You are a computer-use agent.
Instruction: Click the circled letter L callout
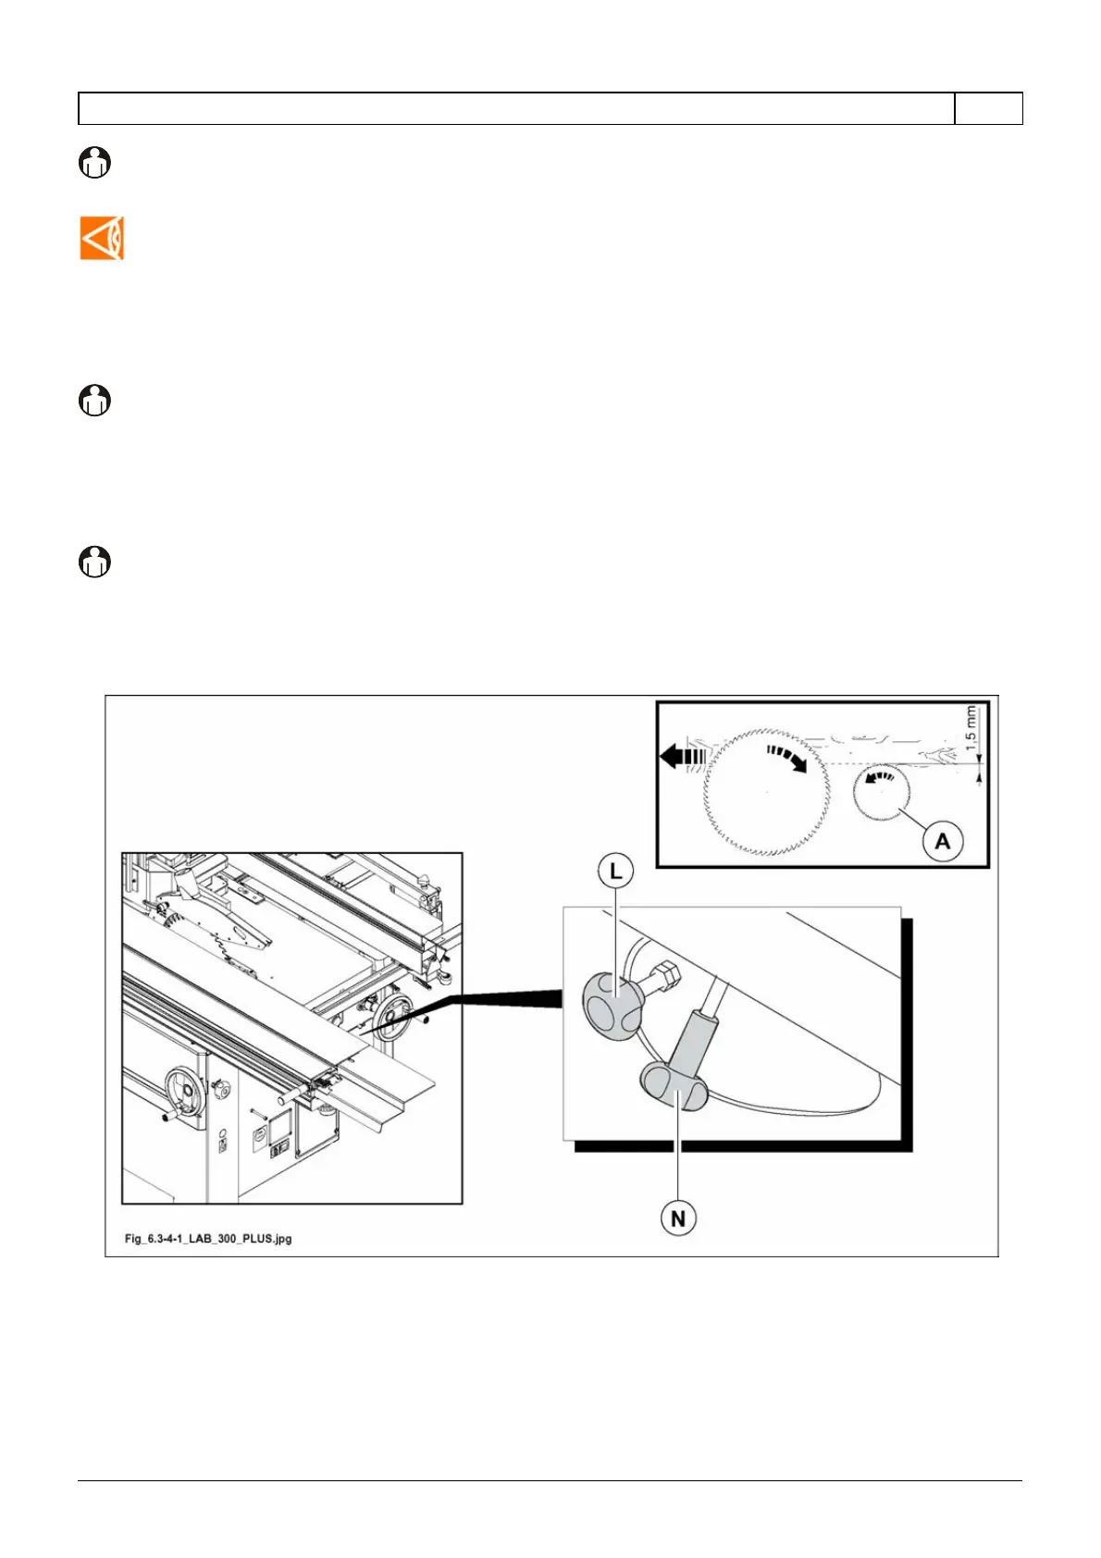tap(615, 872)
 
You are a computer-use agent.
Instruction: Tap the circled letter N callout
tap(678, 1218)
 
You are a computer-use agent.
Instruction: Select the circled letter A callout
tap(942, 841)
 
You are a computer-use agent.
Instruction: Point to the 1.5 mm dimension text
tap(971, 728)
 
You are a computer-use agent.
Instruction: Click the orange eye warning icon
tap(102, 239)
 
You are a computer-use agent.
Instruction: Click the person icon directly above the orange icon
tap(94, 163)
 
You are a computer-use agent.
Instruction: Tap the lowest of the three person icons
tap(94, 562)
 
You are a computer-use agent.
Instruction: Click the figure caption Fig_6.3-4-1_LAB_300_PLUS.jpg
tap(208, 1238)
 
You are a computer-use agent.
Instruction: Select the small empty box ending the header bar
tap(988, 108)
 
